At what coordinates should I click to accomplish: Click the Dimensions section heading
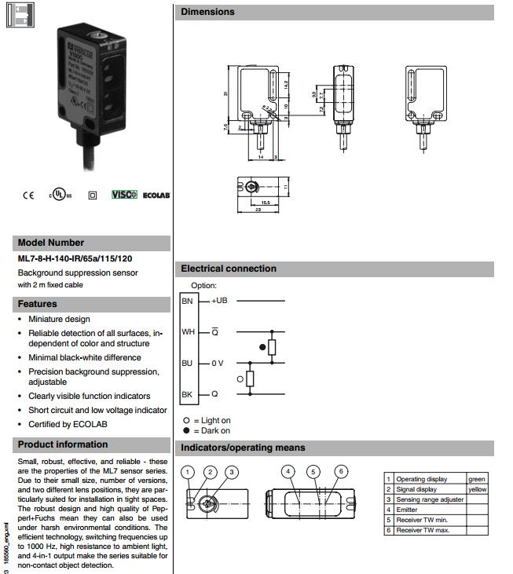[208, 12]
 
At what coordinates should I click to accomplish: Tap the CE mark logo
[28, 195]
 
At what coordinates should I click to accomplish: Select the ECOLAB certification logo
[156, 195]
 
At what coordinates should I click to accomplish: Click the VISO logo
[124, 194]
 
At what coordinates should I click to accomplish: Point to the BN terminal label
[187, 301]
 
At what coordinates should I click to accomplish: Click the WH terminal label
[188, 332]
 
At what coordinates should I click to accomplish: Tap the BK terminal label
[187, 394]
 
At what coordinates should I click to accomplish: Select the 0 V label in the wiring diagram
[218, 363]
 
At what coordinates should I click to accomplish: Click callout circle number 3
[231, 472]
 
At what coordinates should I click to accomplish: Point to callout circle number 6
[340, 471]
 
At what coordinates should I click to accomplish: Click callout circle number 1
[187, 472]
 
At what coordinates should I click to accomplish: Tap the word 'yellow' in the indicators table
[478, 489]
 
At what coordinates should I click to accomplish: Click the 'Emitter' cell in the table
[409, 510]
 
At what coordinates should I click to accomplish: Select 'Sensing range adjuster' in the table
[429, 499]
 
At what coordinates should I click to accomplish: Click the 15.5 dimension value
[264, 203]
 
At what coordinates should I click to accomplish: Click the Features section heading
[38, 304]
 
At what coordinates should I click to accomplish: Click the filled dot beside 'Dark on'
[186, 430]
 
